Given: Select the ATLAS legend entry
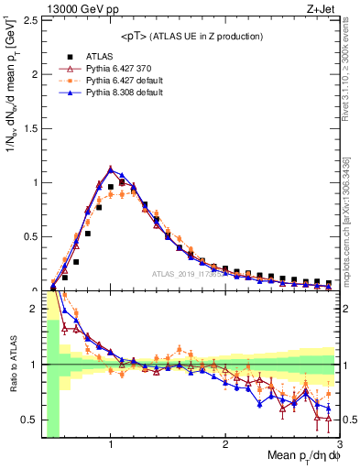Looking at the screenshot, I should pos(109,57).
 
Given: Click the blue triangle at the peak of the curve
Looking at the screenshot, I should pos(111,169).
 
